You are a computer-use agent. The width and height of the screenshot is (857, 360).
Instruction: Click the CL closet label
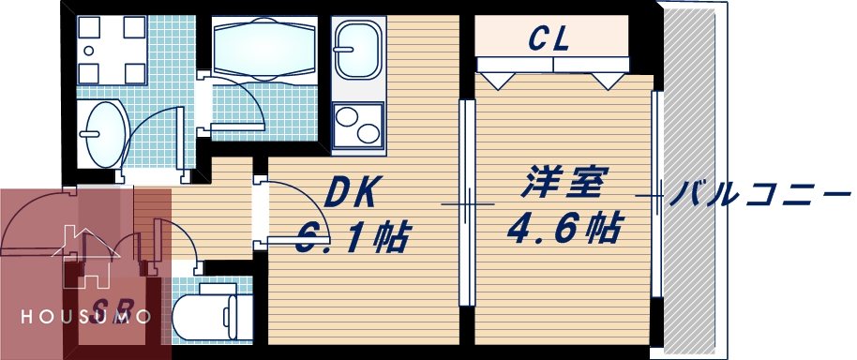click(550, 38)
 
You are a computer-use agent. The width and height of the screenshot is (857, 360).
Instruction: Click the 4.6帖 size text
click(564, 228)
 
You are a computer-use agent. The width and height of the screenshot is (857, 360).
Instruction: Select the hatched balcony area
click(690, 178)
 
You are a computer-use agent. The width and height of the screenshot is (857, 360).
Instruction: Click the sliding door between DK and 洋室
click(466, 203)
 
